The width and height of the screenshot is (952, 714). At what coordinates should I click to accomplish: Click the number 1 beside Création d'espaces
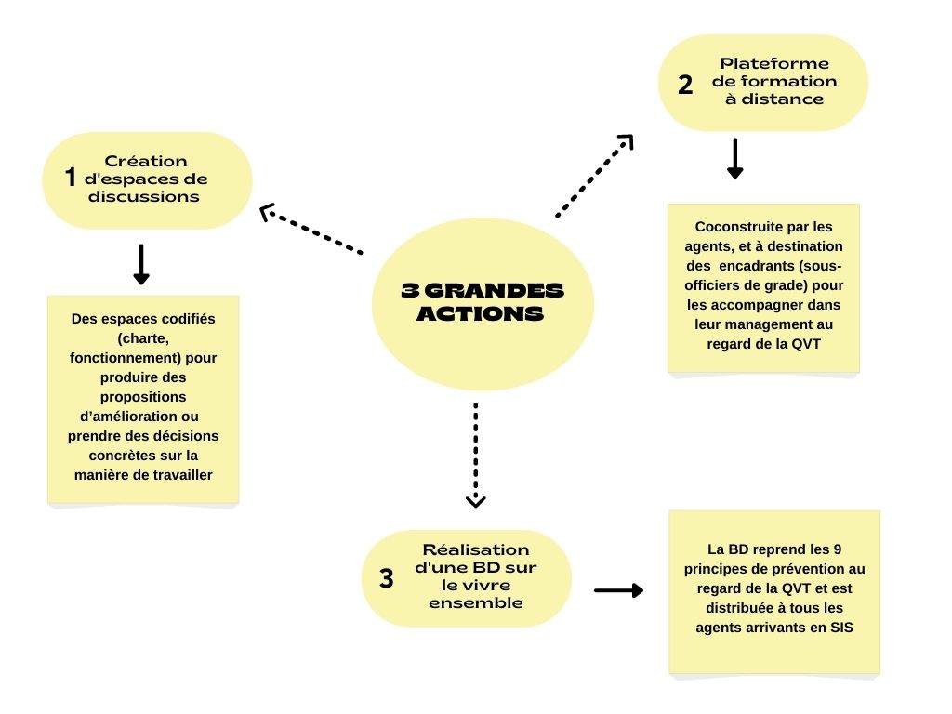[x=71, y=178]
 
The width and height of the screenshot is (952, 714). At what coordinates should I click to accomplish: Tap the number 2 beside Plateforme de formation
[x=685, y=85]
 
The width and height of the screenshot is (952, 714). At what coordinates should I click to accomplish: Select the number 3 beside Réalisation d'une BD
[x=387, y=578]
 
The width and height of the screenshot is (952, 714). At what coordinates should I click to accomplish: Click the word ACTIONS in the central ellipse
[x=480, y=313]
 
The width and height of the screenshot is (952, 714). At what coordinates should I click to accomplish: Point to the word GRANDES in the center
[x=495, y=290]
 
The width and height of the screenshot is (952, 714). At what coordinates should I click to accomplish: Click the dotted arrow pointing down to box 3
[x=475, y=455]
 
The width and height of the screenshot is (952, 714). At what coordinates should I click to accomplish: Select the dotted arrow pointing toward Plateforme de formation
[x=595, y=176]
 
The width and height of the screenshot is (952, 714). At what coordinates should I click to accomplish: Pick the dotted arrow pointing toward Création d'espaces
[x=311, y=229]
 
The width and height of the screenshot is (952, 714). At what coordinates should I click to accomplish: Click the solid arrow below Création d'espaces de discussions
[x=141, y=264]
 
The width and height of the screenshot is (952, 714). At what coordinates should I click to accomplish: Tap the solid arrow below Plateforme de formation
[x=735, y=158]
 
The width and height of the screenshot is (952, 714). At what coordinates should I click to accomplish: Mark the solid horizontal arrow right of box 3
[x=618, y=590]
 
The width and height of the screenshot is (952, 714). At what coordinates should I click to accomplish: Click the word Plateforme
[x=774, y=64]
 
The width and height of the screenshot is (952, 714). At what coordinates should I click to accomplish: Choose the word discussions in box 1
[x=143, y=197]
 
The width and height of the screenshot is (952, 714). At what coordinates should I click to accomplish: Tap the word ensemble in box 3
[x=475, y=602]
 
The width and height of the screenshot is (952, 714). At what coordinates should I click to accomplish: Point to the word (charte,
[x=143, y=338]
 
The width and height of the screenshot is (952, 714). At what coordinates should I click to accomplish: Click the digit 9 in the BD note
[x=838, y=549]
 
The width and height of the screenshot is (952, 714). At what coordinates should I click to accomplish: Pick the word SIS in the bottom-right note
[x=841, y=628]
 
